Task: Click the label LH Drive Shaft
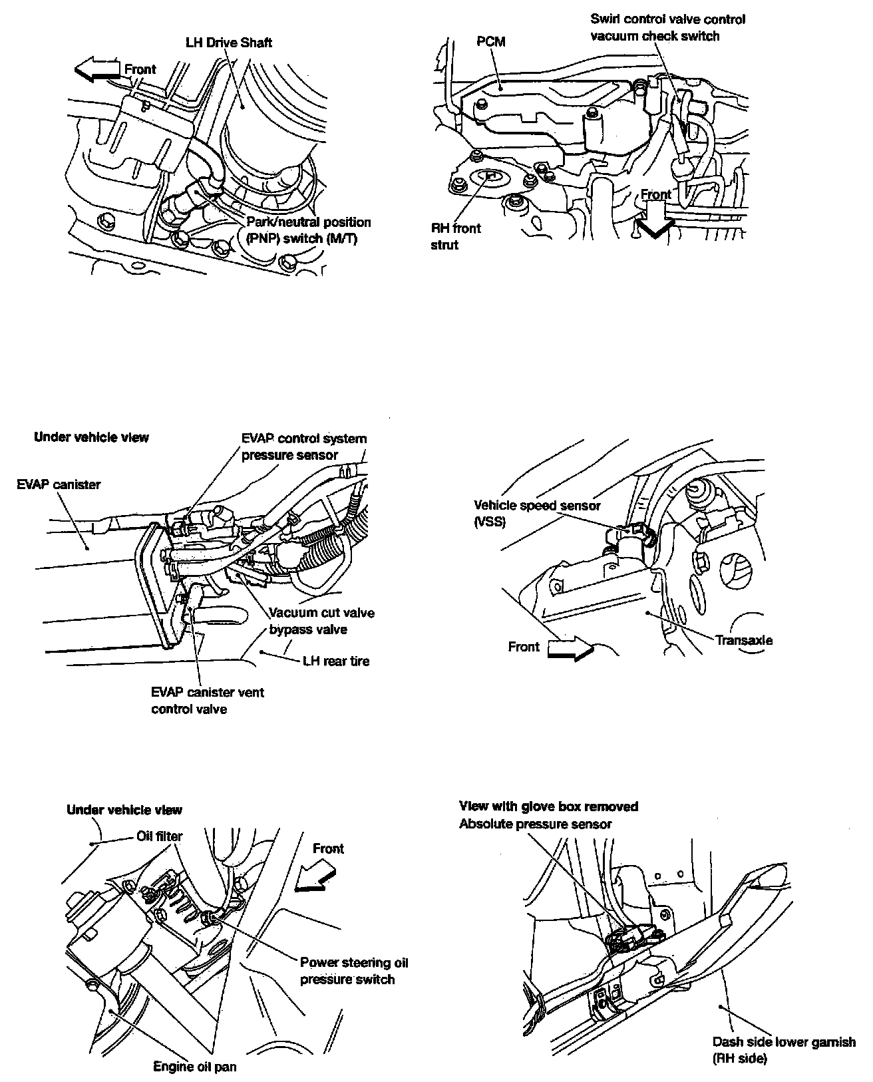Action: click(228, 43)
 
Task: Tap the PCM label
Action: click(491, 42)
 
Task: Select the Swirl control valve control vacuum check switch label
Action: click(667, 28)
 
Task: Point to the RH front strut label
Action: click(456, 236)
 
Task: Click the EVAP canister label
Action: click(59, 484)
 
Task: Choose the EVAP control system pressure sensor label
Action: click(303, 447)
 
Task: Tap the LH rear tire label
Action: click(335, 661)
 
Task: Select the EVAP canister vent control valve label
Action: click(207, 701)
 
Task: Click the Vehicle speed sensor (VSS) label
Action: click(537, 513)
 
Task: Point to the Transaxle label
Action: click(744, 641)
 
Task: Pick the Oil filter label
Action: click(159, 836)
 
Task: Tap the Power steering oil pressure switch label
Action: click(353, 971)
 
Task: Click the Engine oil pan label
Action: click(195, 1067)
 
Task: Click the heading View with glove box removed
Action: click(548, 807)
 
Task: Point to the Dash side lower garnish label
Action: click(784, 1050)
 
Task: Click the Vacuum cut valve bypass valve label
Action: click(321, 621)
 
